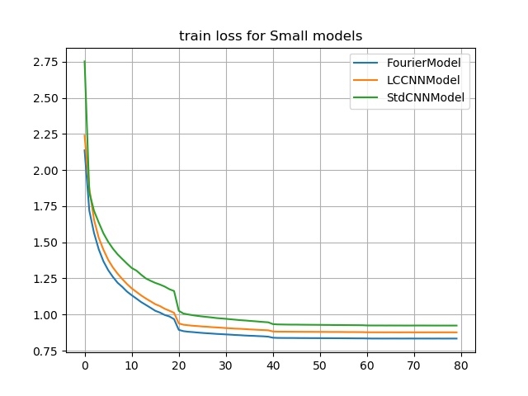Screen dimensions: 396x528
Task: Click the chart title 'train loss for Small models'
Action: click(x=271, y=36)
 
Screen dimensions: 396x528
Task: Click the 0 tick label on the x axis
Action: click(x=84, y=365)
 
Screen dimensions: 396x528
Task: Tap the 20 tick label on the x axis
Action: click(x=179, y=365)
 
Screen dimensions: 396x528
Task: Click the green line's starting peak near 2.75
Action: click(x=84, y=61)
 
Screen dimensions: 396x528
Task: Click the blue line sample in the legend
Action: click(x=366, y=62)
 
